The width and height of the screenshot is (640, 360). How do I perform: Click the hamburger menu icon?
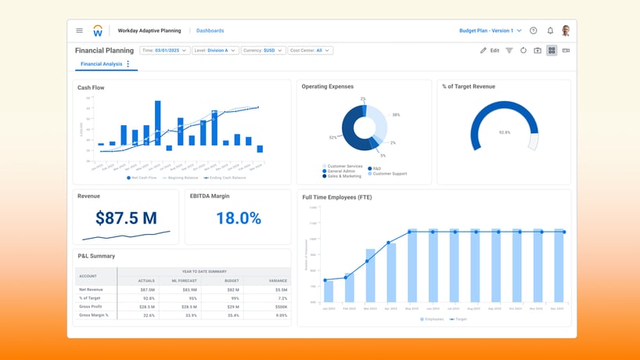point(79,31)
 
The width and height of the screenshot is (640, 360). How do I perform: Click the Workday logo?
point(98,31)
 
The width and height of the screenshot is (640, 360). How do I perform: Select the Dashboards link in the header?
point(210,31)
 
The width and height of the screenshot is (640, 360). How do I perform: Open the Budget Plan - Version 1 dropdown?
point(490,31)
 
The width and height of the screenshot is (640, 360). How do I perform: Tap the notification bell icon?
point(550,31)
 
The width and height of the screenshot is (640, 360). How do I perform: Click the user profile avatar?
point(566,31)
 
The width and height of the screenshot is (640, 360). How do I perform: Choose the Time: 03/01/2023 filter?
point(164,50)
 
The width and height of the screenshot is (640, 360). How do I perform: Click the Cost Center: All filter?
point(310,50)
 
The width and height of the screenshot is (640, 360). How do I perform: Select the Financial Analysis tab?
point(101,64)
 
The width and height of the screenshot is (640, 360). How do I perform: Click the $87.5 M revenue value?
point(126,218)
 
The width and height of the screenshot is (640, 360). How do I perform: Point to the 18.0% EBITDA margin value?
point(238,218)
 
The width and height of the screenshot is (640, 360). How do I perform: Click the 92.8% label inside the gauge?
point(505,132)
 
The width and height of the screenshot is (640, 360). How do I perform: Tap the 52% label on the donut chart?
point(333,137)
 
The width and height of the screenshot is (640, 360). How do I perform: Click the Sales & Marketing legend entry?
point(343,176)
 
